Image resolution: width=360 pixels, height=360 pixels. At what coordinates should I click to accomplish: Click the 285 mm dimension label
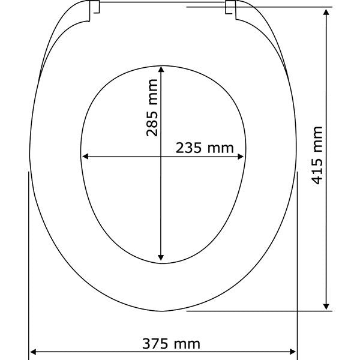tap(152, 107)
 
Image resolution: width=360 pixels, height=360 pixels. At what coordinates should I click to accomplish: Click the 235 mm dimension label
tap(205, 148)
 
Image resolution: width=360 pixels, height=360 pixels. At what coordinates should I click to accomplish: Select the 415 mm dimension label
tap(317, 155)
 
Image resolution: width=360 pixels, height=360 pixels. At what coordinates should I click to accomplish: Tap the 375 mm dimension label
tap(171, 344)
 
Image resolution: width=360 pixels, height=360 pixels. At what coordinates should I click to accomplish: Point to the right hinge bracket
tap(230, 9)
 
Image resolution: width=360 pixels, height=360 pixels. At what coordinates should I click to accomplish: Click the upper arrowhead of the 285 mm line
tap(161, 70)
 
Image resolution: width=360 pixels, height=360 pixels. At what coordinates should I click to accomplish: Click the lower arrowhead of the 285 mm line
tap(161, 258)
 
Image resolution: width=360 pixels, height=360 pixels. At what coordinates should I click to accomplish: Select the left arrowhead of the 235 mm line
tap(85, 157)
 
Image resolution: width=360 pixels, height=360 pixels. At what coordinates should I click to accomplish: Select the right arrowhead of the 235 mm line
tap(240, 157)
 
